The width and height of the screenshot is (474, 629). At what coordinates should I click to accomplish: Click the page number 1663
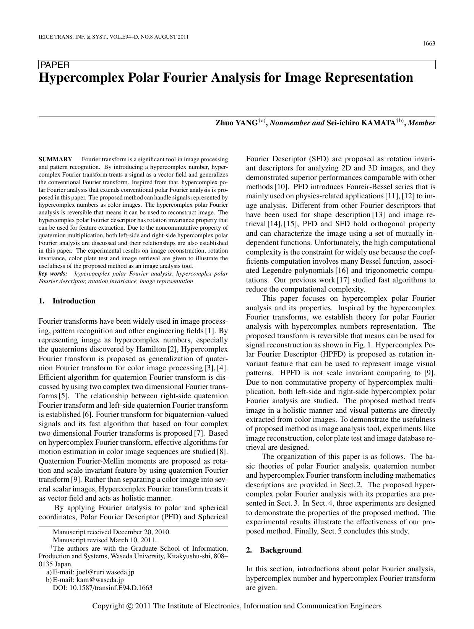point(429,44)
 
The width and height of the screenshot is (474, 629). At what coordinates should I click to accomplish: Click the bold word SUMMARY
point(55,159)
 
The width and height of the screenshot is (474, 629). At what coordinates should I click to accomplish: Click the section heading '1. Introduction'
point(67,301)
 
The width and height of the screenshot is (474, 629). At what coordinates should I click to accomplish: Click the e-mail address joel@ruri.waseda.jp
point(105,572)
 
